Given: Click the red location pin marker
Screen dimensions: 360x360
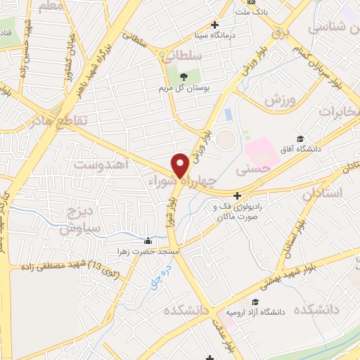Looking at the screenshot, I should [180, 165].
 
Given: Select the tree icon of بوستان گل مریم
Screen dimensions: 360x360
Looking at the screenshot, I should [184, 77].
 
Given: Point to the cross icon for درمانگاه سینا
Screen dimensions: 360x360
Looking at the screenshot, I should [215, 25].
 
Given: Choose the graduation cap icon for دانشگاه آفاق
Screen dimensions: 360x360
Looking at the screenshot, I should [300, 139].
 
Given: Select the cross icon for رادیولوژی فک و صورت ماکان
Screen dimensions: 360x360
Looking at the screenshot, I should [238, 195].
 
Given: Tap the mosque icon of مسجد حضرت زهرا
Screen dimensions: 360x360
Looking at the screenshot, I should [147, 241].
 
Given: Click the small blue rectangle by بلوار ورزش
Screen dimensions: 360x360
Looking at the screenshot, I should [227, 113].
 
